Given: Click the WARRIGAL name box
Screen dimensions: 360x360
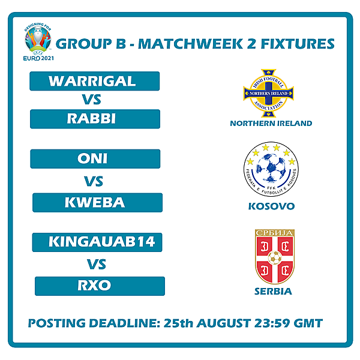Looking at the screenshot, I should [95, 81].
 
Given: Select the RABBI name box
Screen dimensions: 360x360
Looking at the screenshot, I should [95, 119].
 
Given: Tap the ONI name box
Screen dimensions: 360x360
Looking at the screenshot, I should [95, 159].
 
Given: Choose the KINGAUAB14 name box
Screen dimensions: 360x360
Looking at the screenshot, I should [97, 242].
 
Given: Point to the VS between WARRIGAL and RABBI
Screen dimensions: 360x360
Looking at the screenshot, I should [94, 100].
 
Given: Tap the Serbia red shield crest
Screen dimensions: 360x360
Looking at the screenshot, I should [274, 256].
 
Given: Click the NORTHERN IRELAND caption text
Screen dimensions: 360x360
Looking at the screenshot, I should [271, 124].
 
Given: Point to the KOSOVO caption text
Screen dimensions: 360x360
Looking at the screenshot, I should [271, 206].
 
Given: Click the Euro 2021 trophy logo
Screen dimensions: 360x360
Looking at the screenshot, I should [38, 40].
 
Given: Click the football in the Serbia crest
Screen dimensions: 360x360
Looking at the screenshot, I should [274, 258].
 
